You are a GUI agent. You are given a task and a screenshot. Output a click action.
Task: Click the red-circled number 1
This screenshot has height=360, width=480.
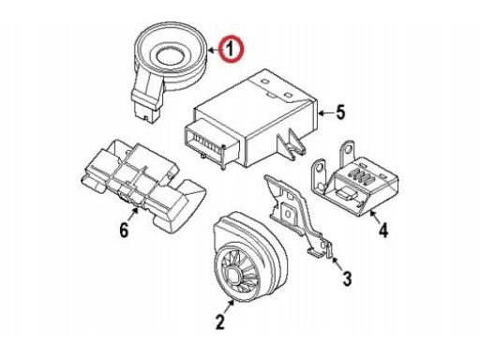pos(231,50)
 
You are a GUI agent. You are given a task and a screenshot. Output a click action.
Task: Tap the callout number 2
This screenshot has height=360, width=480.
pos(220,322)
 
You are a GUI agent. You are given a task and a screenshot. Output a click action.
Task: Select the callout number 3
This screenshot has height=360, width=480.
pos(347,278)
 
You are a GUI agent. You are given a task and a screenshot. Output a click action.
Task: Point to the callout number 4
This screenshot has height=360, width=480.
pos(383,231)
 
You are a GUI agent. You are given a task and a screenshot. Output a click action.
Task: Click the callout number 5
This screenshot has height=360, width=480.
pos(340,112)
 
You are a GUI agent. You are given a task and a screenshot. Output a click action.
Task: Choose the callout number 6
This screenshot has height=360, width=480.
pos(124,231)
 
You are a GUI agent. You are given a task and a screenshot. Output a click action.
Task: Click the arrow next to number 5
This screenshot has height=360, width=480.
pos(325,112)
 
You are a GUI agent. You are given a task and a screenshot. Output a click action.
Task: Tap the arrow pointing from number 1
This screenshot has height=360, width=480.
pos(214,50)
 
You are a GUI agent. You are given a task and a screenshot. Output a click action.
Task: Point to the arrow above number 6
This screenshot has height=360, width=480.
pos(133,215)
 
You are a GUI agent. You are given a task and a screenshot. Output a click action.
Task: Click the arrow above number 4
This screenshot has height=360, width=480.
pos(375,217)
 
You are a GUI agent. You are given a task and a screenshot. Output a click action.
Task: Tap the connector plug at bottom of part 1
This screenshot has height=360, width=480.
pos(147,110)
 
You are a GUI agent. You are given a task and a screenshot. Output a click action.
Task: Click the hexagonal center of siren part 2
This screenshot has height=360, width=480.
pos(233,275)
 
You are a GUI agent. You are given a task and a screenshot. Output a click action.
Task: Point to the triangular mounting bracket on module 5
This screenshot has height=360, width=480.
pos(292,142)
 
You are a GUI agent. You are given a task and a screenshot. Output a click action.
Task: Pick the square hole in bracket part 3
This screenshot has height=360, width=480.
pos(288,214)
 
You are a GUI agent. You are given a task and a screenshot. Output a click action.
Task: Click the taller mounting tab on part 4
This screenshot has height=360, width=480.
pos(347,153)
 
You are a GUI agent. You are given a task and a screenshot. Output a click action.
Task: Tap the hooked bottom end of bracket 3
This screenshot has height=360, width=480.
pos(322,250)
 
